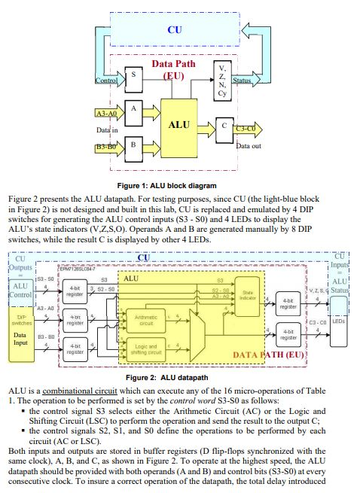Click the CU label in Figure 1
[174, 29]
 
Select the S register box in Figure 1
[133, 75]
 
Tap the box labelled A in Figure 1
[133, 110]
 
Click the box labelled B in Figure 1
[133, 143]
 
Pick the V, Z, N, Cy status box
[221, 76]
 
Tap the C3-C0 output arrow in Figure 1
[247, 127]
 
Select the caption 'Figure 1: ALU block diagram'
[179, 184]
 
